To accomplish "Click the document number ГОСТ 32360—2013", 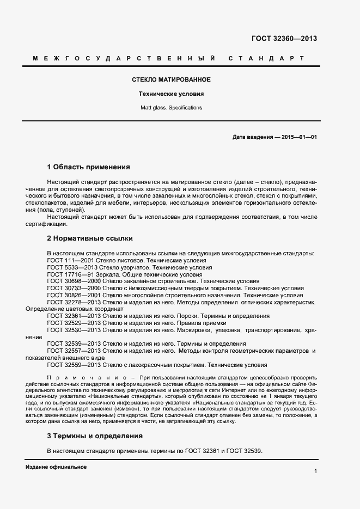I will point(284,39).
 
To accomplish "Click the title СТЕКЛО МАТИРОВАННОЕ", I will point(171,80).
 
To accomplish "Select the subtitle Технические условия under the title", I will point(171,94).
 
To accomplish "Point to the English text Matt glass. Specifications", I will point(171,108).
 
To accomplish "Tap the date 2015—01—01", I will point(299,137).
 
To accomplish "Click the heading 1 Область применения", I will point(89,167).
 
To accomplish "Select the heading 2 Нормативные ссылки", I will point(90,238).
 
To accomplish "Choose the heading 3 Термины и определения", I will point(95,436).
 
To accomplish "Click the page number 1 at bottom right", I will point(315,470).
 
